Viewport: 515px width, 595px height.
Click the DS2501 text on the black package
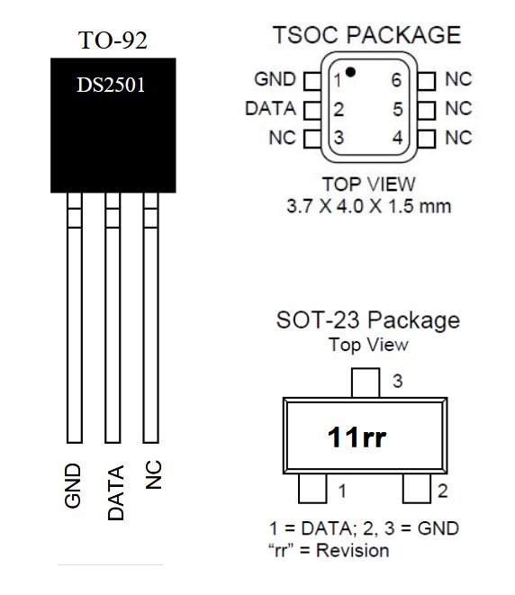coord(111,85)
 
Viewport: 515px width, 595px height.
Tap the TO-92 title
coord(113,40)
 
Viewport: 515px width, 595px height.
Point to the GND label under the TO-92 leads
coord(73,485)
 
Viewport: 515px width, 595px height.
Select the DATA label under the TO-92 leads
coord(116,493)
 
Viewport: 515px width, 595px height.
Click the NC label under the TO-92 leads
coord(153,474)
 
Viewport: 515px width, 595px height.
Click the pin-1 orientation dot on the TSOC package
coord(350,72)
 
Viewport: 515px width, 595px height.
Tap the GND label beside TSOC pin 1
coord(275,79)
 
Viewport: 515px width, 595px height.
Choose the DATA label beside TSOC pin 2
coord(270,109)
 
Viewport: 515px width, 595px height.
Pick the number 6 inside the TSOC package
coord(396,80)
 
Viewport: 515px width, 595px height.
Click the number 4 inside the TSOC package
coord(397,138)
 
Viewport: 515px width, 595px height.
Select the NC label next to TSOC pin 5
coord(458,109)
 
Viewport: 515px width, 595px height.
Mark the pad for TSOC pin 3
coord(312,139)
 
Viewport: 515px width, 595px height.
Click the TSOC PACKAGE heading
coord(367,35)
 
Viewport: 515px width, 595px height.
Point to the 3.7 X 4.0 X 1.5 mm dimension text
coord(369,206)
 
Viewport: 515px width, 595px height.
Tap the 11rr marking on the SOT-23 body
coord(357,437)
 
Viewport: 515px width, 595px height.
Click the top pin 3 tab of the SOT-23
coord(366,383)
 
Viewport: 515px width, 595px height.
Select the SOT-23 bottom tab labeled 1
coord(312,489)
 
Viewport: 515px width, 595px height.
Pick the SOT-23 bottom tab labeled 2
coord(416,489)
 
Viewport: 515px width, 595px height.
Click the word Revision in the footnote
coord(353,550)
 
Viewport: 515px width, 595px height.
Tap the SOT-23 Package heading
coord(368,320)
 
